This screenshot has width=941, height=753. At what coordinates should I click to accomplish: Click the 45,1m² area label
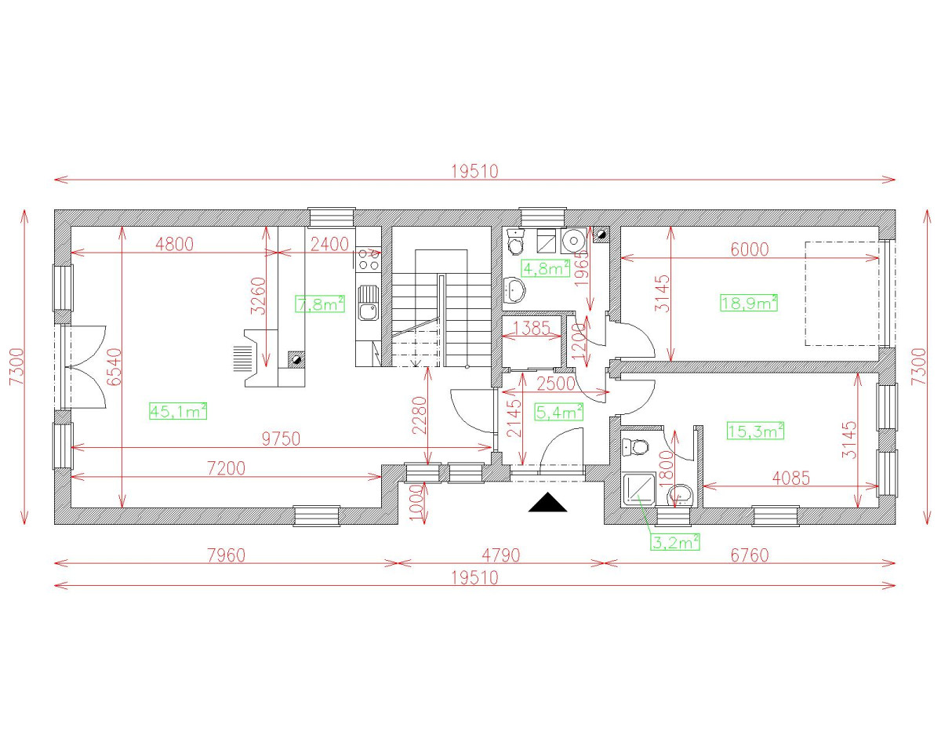point(178,410)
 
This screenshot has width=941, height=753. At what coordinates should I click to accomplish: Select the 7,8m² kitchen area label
point(320,304)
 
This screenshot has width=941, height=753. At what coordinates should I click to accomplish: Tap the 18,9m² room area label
point(748,302)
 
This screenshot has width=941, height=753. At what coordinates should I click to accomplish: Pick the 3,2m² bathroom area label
point(674,541)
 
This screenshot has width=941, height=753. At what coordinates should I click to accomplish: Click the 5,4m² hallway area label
point(558,411)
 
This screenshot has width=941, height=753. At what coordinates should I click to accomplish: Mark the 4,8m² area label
point(546,268)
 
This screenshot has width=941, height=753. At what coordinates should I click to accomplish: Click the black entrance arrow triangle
point(547,503)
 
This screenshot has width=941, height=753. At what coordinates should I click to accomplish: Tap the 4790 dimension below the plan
point(501,555)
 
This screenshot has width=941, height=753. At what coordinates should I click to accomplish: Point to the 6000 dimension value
point(749,249)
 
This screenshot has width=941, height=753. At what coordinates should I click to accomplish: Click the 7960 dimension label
point(226,555)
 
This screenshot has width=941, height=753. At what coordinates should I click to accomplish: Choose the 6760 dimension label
point(749,555)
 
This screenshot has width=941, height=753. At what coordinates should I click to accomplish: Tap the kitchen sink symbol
point(367,303)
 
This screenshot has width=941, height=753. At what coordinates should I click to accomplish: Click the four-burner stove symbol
point(368,259)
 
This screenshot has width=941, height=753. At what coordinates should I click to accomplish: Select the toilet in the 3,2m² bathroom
point(635,448)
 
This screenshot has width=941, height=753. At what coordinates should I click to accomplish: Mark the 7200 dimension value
point(226,468)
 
